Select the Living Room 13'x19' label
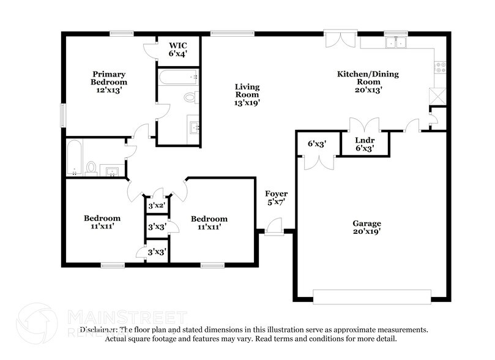click(x=247, y=95)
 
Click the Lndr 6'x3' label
click(x=365, y=144)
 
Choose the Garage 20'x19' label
click(x=367, y=228)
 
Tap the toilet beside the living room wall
click(x=190, y=97)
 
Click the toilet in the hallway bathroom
click(x=91, y=167)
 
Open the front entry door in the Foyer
click(x=274, y=227)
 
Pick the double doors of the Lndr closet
click(x=365, y=126)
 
